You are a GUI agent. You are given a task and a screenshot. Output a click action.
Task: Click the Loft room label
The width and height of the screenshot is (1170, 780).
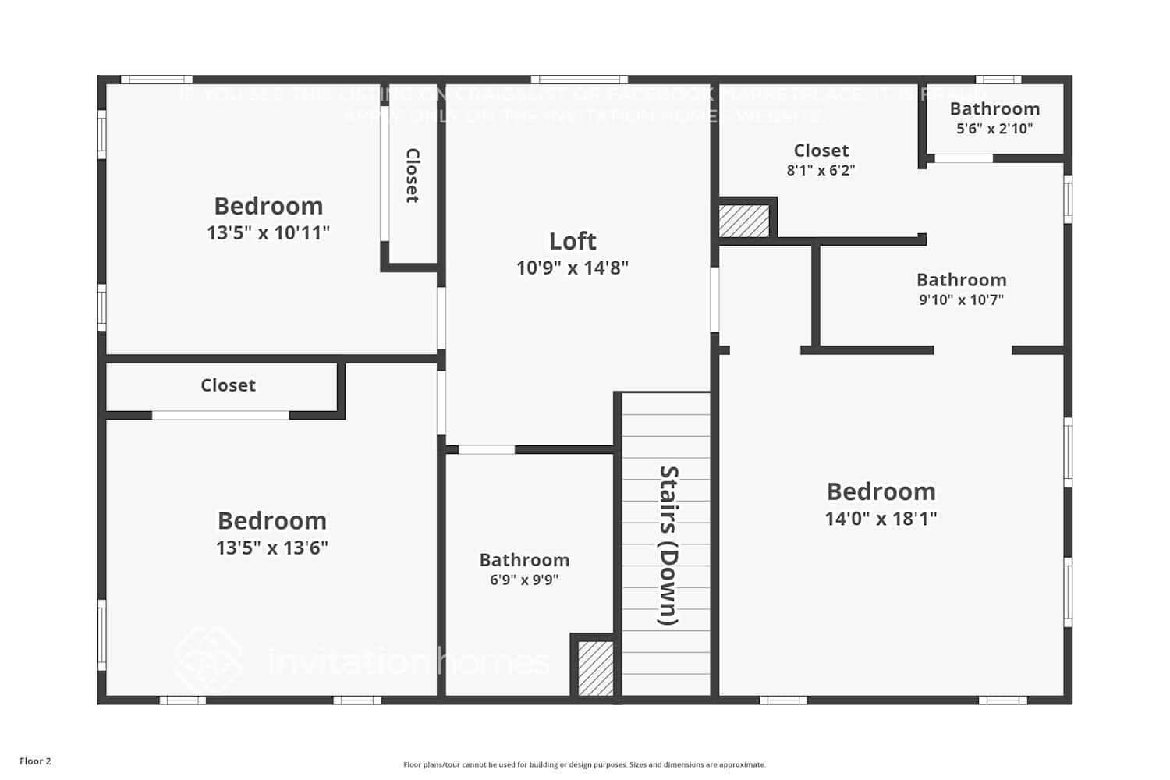tap(573, 241)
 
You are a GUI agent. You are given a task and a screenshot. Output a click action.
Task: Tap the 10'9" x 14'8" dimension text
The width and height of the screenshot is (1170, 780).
tap(573, 268)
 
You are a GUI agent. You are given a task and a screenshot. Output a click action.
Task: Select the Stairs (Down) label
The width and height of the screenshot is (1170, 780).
tap(668, 545)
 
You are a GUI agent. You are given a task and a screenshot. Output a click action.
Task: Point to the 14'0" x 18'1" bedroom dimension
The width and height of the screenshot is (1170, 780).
tap(881, 518)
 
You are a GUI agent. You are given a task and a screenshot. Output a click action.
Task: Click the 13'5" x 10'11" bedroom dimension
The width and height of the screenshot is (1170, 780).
tap(268, 232)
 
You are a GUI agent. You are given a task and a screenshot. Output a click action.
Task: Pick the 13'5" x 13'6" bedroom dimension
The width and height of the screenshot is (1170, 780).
tap(271, 548)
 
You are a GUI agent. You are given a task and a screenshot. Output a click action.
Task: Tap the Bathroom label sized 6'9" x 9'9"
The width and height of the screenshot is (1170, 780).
tap(524, 560)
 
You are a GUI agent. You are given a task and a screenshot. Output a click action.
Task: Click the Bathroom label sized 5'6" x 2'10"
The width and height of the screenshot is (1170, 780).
tap(994, 109)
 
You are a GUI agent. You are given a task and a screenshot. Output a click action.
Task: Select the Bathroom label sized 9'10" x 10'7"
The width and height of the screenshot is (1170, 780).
tap(961, 280)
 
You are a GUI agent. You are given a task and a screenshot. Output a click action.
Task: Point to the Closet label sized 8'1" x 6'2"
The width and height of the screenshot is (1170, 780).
tap(821, 151)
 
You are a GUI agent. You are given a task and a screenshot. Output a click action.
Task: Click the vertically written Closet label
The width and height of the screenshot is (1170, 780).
tap(413, 175)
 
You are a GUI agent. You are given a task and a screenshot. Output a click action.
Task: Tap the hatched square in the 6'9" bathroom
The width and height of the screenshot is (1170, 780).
tap(595, 668)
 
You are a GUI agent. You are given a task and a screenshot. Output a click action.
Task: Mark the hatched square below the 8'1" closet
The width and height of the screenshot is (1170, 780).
tap(743, 221)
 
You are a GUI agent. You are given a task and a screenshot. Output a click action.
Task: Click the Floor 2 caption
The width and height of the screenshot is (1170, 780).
tap(35, 761)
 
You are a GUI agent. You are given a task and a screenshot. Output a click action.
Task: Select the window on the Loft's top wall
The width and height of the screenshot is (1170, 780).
tap(579, 80)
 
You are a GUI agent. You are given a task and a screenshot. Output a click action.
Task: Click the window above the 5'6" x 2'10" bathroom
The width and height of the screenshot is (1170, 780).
tap(998, 80)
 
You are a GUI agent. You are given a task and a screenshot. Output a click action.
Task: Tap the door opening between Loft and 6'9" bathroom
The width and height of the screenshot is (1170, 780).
tap(486, 449)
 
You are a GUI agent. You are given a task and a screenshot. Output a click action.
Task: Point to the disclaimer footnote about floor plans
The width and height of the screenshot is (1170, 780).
tap(584, 765)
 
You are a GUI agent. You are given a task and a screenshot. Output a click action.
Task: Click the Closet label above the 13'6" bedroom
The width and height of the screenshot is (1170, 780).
tap(228, 385)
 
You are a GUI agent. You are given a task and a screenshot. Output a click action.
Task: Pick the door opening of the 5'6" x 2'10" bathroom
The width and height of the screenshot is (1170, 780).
tap(963, 158)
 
